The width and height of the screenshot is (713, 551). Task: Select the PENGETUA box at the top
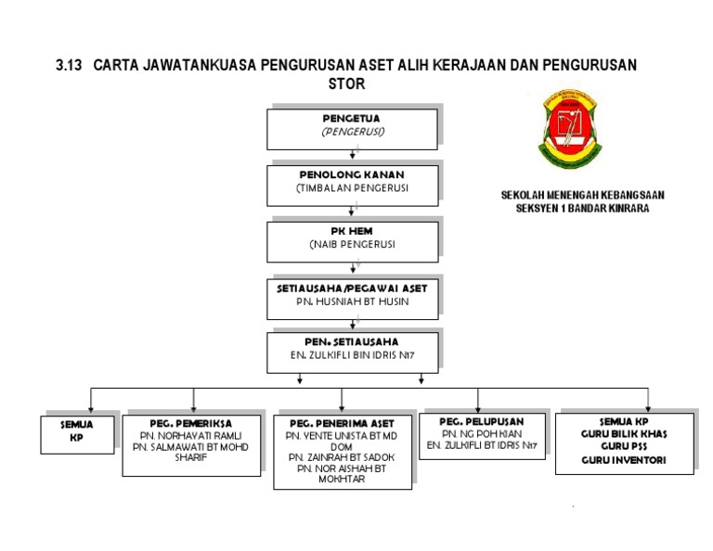point(352,128)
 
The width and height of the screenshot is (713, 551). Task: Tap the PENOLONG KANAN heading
point(352,174)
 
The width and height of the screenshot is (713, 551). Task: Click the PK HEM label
point(352,231)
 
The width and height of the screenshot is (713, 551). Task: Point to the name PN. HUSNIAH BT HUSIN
point(352,301)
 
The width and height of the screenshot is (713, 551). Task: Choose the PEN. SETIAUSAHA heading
point(352,342)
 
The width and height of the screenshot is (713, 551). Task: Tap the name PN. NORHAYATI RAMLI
point(190,434)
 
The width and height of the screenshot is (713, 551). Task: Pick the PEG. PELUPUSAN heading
point(482,420)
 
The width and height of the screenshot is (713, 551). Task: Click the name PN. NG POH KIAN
point(482,433)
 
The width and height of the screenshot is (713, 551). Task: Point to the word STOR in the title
point(348,83)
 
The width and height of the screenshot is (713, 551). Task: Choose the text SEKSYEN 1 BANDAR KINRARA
point(583,209)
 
